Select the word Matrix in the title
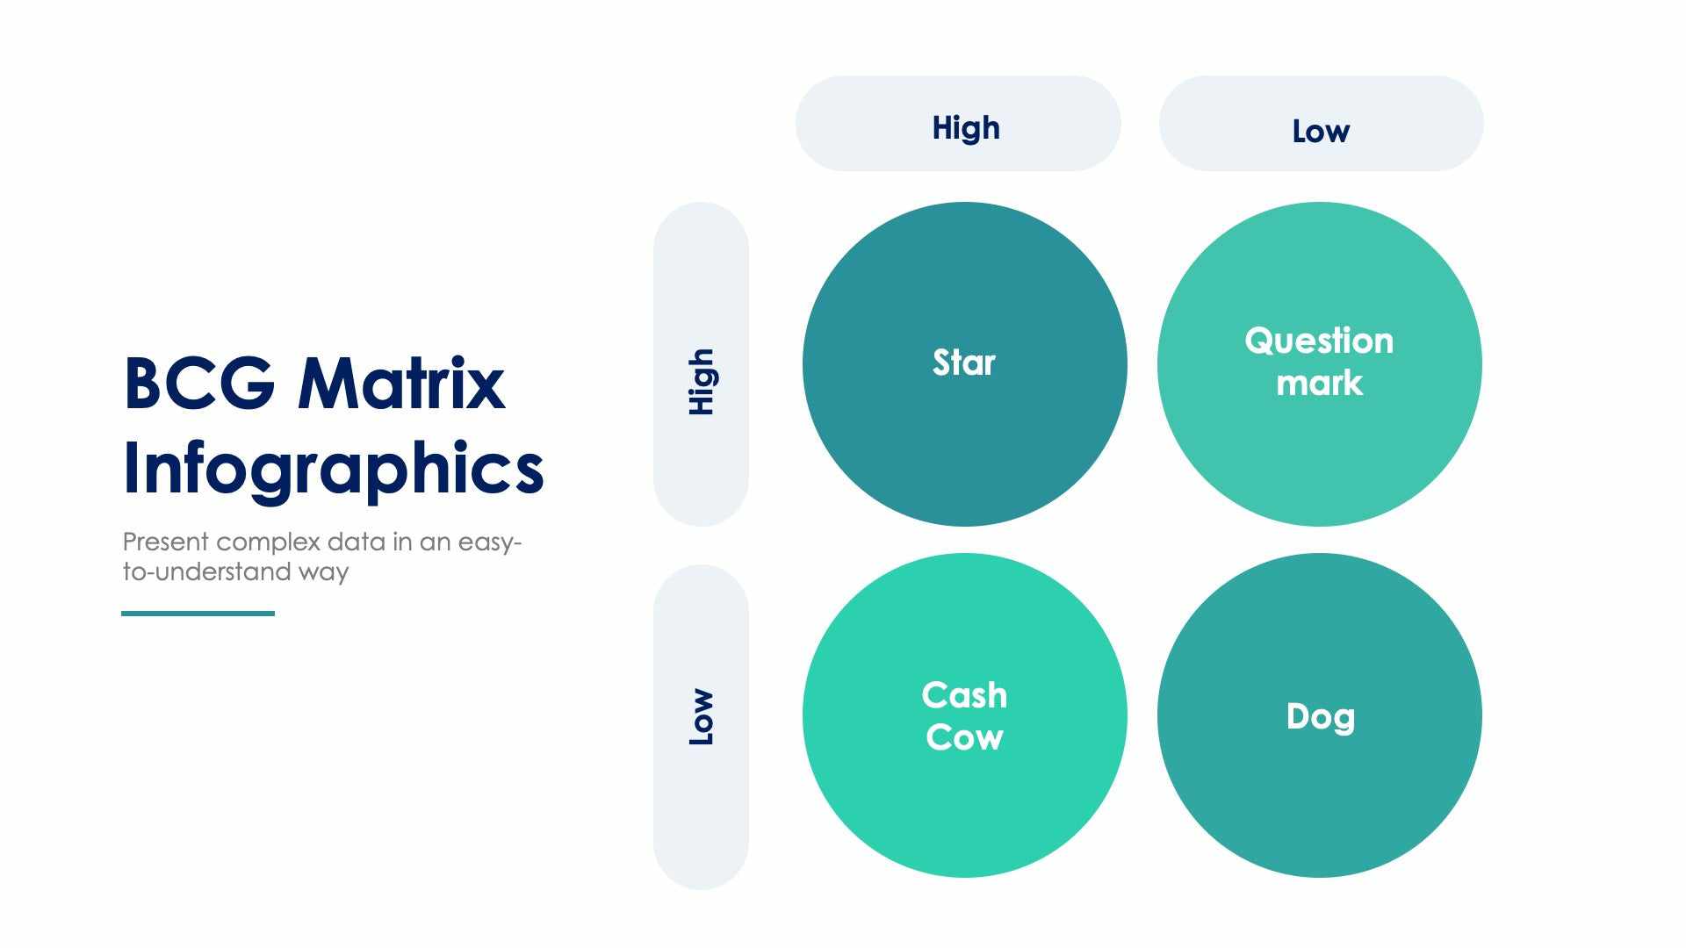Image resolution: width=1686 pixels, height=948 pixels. pos(401,384)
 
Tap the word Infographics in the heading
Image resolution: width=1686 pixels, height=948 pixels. pos(333,468)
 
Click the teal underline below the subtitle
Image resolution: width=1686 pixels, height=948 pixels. pos(198,614)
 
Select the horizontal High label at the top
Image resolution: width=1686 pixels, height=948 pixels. pos(965,128)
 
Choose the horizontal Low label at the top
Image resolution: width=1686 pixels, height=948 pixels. pos(1320,132)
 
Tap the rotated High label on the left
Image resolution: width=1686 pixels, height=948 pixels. pos(702,382)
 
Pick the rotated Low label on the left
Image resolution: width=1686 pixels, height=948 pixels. pos(702,717)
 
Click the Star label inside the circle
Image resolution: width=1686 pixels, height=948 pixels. pos(963,363)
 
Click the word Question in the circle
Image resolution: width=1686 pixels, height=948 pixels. pos(1318,341)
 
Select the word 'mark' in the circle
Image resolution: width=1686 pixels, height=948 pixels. pos(1319,384)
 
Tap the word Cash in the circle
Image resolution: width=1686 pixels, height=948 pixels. pos(964,695)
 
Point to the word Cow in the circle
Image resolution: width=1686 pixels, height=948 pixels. pos(964,737)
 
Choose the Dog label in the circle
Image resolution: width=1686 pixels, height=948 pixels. pos(1320,717)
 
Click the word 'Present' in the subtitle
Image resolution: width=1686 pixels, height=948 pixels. pos(166,542)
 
